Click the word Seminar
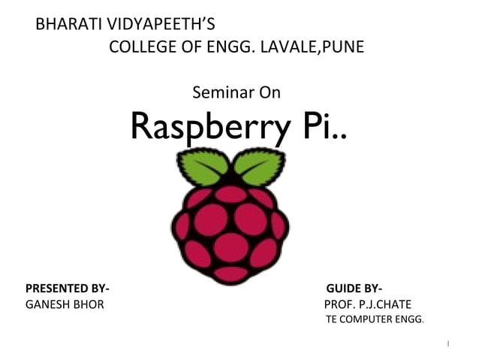coord(223,93)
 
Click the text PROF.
coord(339,305)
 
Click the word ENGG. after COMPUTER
coord(410,320)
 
